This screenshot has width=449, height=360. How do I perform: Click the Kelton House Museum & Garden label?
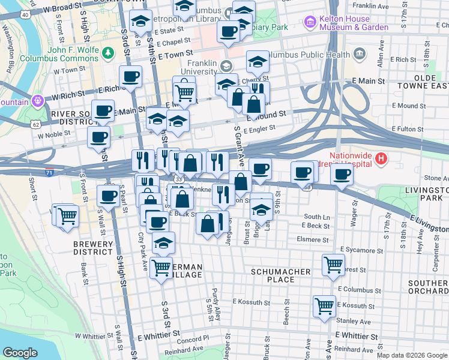pyautogui.click(x=354, y=23)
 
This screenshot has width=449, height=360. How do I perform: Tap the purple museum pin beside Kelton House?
pyautogui.click(x=310, y=23)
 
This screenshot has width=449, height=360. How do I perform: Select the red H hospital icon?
pyautogui.click(x=381, y=159)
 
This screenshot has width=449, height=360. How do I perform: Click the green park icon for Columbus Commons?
pyautogui.click(x=108, y=53)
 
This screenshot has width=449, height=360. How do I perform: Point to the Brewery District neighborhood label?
pyautogui.click(x=93, y=248)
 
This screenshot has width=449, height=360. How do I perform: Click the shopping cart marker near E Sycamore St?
pyautogui.click(x=333, y=263)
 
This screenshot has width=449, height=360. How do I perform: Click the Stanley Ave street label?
pyautogui.click(x=354, y=321)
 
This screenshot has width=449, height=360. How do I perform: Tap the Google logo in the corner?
pyautogui.click(x=20, y=353)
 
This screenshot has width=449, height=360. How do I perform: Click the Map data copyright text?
pyautogui.click(x=411, y=355)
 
